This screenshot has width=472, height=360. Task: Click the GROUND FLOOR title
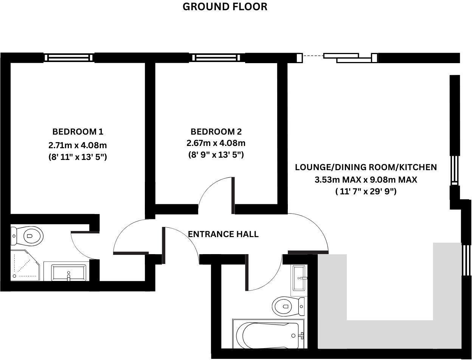pyautogui.click(x=225, y=7)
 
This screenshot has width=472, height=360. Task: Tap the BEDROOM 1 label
pyautogui.click(x=78, y=132)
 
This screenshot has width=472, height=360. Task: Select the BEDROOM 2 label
pyautogui.click(x=216, y=132)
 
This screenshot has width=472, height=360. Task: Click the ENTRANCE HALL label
pyautogui.click(x=223, y=234)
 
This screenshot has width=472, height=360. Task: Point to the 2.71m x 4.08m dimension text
pyautogui.click(x=78, y=144)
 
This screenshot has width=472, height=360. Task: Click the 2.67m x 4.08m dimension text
pyautogui.click(x=216, y=143)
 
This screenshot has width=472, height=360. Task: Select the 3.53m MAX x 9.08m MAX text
pyautogui.click(x=366, y=180)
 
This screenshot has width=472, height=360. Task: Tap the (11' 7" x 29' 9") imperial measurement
pyautogui.click(x=366, y=192)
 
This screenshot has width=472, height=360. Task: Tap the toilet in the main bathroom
pyautogui.click(x=288, y=306)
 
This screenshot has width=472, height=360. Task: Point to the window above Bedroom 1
pyautogui.click(x=69, y=57)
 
